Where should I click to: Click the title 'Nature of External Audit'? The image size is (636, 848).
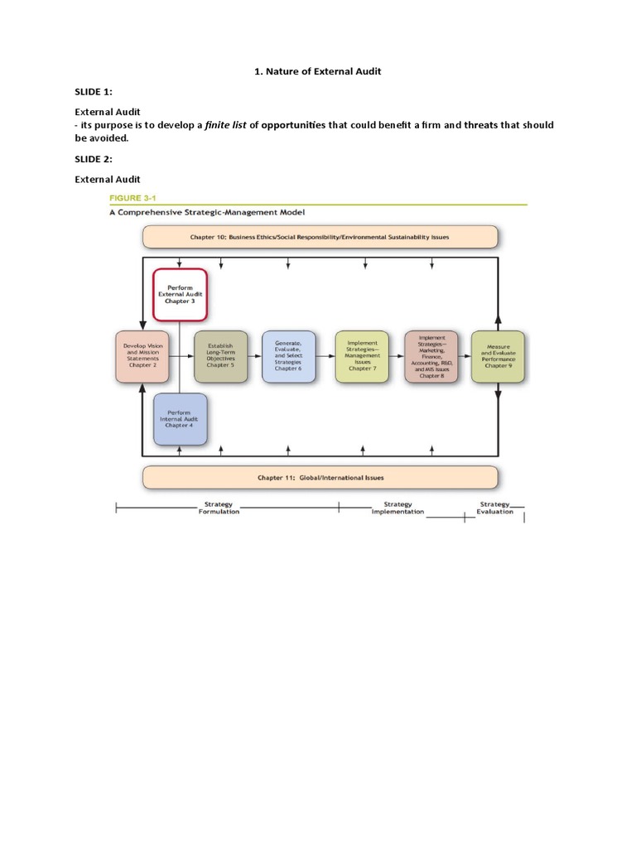tap(324, 72)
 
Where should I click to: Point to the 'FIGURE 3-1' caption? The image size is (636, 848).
tap(137, 198)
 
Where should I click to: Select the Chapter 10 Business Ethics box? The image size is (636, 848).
tap(320, 237)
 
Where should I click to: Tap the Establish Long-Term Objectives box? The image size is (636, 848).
tap(219, 356)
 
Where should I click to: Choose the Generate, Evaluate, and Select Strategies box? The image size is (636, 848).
tap(288, 356)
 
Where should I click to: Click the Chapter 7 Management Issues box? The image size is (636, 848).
tap(361, 356)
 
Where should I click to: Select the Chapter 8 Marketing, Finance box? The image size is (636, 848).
tap(431, 356)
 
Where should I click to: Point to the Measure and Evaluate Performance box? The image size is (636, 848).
tap(497, 356)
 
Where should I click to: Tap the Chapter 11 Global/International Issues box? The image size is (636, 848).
tap(320, 477)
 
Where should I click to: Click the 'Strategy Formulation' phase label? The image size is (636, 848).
tap(219, 508)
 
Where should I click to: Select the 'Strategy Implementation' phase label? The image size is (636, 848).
tap(397, 508)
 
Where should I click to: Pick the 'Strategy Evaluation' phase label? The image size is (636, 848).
tap(495, 508)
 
